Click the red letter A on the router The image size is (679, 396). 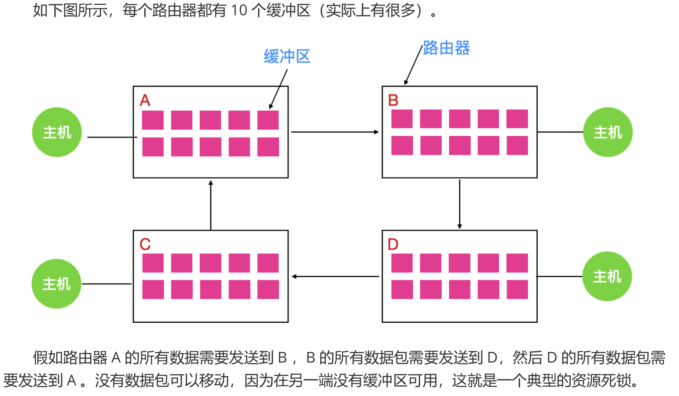click(145, 100)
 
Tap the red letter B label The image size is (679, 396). click(393, 100)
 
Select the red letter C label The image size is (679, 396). click(145, 244)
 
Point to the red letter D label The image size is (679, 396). click(393, 244)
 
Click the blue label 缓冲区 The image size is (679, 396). click(287, 56)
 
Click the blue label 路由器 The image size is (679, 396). click(446, 48)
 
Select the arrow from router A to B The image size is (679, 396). click(334, 132)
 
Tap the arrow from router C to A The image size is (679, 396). click(211, 205)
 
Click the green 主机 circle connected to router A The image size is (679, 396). click(57, 132)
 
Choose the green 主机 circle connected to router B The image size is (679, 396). click(608, 132)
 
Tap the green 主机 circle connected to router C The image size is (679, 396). click(56, 283)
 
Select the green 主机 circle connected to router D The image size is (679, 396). click(607, 276)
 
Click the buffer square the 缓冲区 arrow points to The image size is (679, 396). click(268, 120)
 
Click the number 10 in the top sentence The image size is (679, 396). click(239, 10)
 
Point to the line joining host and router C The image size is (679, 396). click(107, 283)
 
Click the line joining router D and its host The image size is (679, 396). click(560, 276)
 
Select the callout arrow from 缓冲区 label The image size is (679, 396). click(278, 89)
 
